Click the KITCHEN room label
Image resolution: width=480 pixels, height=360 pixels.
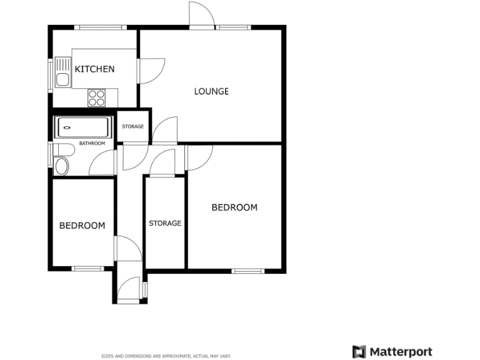tap(94, 69)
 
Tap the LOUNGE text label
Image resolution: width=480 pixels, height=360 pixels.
tap(211, 91)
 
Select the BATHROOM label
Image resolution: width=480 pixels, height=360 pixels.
tap(92, 144)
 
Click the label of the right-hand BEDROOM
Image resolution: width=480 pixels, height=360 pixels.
tap(234, 207)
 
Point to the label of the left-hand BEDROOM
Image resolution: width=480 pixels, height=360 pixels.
tap(82, 226)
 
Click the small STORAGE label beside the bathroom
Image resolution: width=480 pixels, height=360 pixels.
tap(132, 127)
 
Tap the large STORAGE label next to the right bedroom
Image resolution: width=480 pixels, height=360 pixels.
tap(165, 223)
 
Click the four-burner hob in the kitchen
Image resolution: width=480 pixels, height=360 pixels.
tap(96, 97)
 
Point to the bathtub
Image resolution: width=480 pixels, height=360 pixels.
tap(84, 128)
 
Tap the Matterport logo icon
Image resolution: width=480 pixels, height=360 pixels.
tap(359, 351)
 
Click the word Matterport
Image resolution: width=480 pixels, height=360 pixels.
tap(401, 351)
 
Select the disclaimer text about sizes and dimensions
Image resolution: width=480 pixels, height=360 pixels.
tap(166, 356)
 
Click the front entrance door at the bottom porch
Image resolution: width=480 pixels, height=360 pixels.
tap(129, 291)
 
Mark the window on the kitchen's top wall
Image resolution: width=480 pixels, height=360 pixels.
tap(99, 27)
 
